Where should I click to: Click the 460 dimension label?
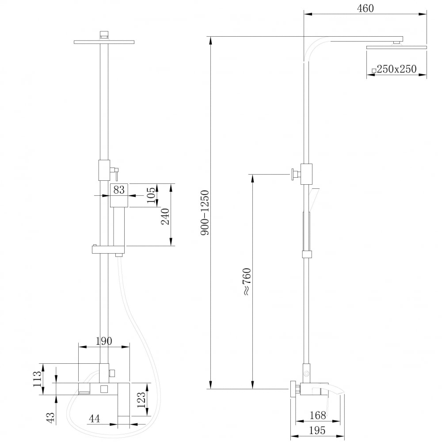coord(365,8)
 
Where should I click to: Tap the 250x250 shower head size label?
coord(396,69)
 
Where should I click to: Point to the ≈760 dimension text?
coord(246,282)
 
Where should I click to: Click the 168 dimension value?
coord(318,415)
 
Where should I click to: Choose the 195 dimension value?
coord(317,430)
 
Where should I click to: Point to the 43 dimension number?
coord(50,417)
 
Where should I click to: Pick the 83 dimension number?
coord(119,190)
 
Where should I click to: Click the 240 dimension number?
coord(165,217)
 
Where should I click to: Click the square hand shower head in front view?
coord(119,195)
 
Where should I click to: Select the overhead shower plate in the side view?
coord(396,46)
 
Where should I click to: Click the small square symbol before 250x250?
coord(374,70)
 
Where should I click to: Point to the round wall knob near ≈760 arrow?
coord(293,175)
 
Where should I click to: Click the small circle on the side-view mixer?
coord(306,373)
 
